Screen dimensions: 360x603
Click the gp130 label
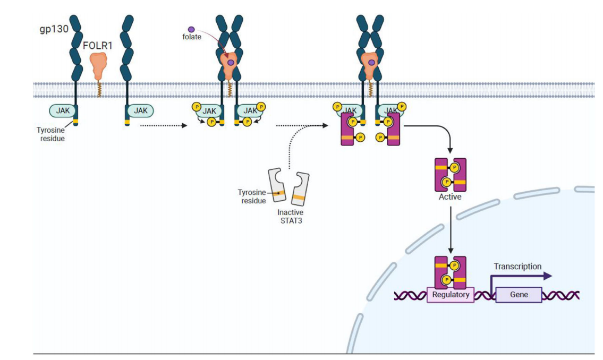tap(54, 29)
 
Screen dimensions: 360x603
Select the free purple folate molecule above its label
tap(191, 30)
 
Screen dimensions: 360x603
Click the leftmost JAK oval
tap(63, 110)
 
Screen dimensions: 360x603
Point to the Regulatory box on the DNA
tap(451, 295)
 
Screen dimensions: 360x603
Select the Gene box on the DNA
tap(519, 295)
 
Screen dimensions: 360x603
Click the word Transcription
tap(517, 267)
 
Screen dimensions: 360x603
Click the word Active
tap(450, 197)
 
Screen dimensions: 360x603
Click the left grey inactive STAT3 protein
tap(277, 186)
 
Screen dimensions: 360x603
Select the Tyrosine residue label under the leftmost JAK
tap(50, 133)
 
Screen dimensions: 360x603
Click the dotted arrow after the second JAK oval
tap(162, 126)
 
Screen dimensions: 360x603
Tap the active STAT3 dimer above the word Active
tap(451, 175)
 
